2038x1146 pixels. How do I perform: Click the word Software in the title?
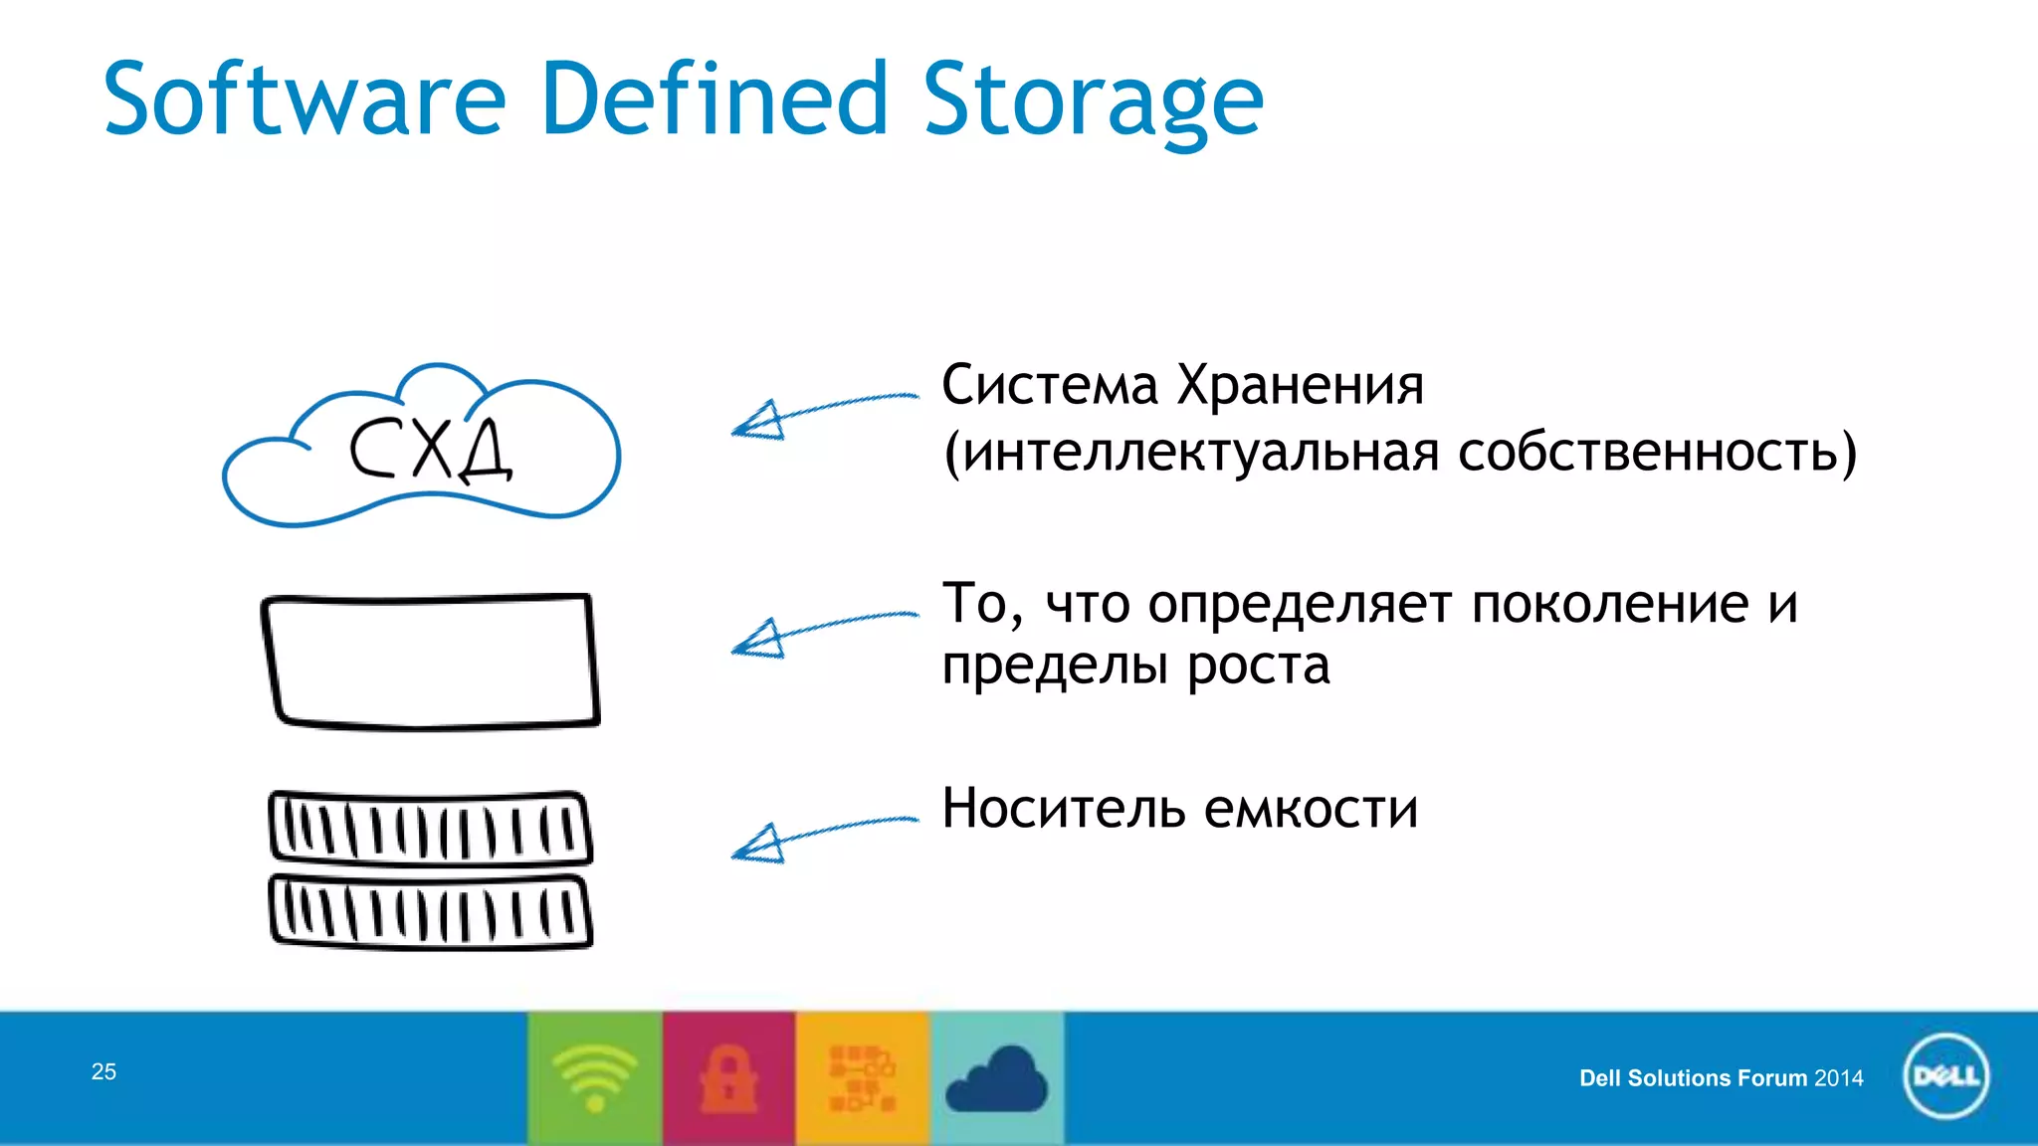(305, 99)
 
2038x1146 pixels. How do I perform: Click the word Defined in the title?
(713, 99)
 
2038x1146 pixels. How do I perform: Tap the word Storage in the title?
(1092, 99)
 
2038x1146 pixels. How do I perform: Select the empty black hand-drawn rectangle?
(431, 662)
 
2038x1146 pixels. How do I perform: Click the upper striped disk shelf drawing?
(431, 828)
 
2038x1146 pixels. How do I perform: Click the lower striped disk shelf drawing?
(431, 910)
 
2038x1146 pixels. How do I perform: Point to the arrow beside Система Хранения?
(821, 411)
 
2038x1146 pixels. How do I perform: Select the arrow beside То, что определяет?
(821, 631)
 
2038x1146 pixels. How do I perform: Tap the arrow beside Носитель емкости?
(821, 837)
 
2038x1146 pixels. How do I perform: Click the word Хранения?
(1300, 386)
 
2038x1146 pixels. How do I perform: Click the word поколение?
(1609, 604)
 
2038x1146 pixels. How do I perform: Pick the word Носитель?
(1063, 808)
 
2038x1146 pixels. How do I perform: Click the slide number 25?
(103, 1071)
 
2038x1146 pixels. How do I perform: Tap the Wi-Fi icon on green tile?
(595, 1077)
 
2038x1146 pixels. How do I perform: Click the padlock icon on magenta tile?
(728, 1077)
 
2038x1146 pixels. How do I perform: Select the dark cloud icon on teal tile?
(996, 1080)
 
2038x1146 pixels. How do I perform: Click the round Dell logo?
(1945, 1076)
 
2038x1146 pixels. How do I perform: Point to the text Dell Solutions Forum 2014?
(1721, 1078)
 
